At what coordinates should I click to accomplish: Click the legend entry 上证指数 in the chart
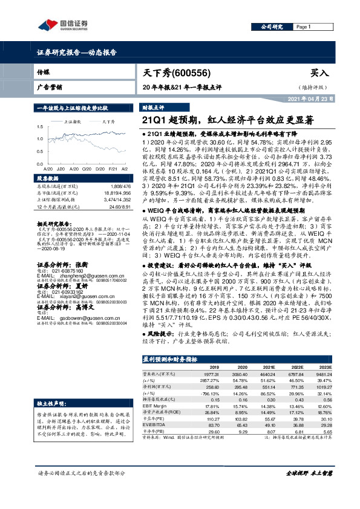(74, 122)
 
